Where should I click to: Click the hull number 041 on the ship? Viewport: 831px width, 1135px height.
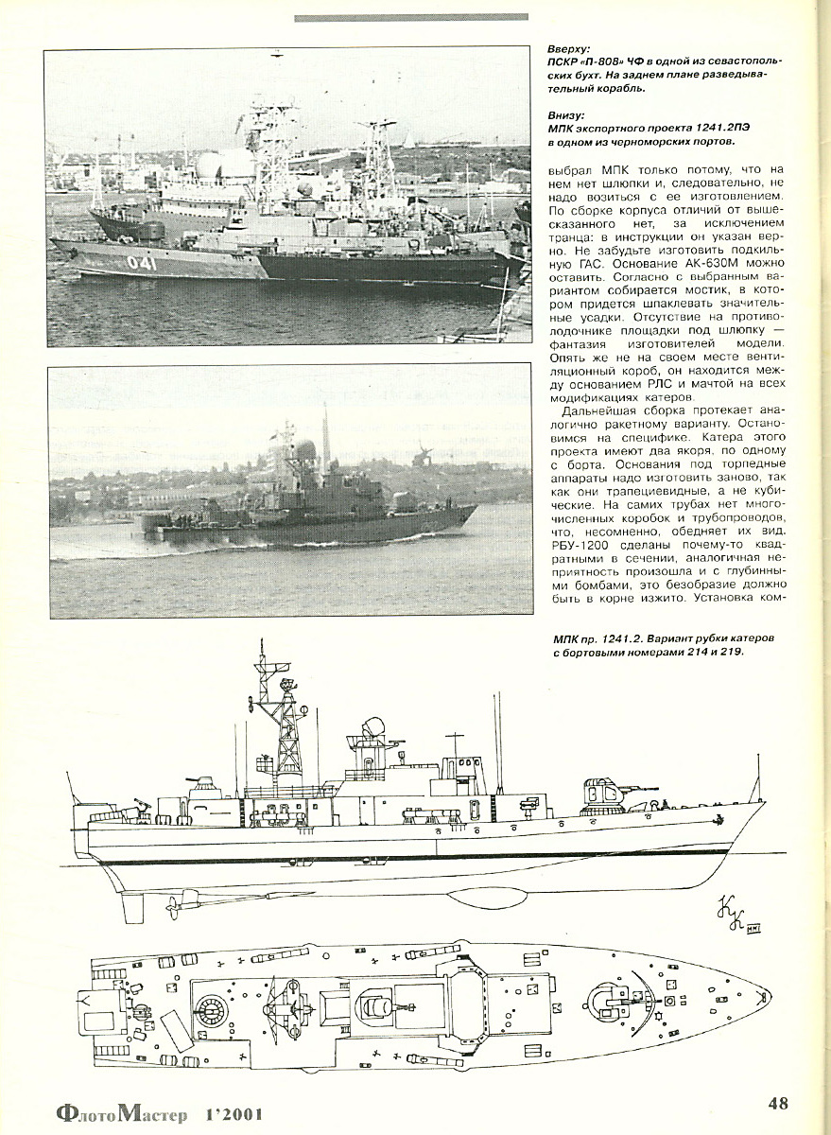[141, 263]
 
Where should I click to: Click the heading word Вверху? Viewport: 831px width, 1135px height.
[569, 49]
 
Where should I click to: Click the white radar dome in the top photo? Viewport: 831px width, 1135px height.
[213, 166]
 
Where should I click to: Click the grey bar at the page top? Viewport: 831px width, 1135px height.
[411, 18]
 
